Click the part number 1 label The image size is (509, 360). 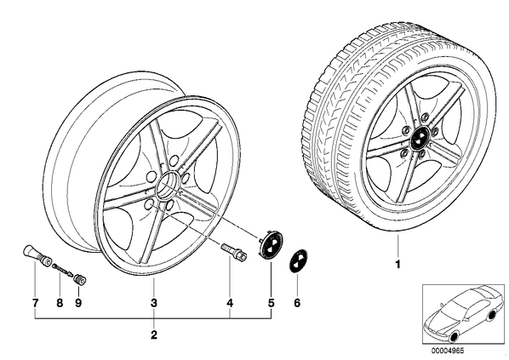397,265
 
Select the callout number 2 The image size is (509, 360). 154,334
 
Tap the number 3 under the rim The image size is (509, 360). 154,303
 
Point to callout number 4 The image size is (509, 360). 230,303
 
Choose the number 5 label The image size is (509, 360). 271,303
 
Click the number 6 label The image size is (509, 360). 297,303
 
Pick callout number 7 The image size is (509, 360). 35,303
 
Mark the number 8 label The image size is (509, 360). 60,303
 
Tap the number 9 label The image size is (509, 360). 78,303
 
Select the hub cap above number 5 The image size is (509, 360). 271,243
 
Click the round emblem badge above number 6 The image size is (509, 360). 297,262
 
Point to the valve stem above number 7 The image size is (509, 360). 36,255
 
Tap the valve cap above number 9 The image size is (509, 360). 79,280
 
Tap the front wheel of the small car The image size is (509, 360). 454,338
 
